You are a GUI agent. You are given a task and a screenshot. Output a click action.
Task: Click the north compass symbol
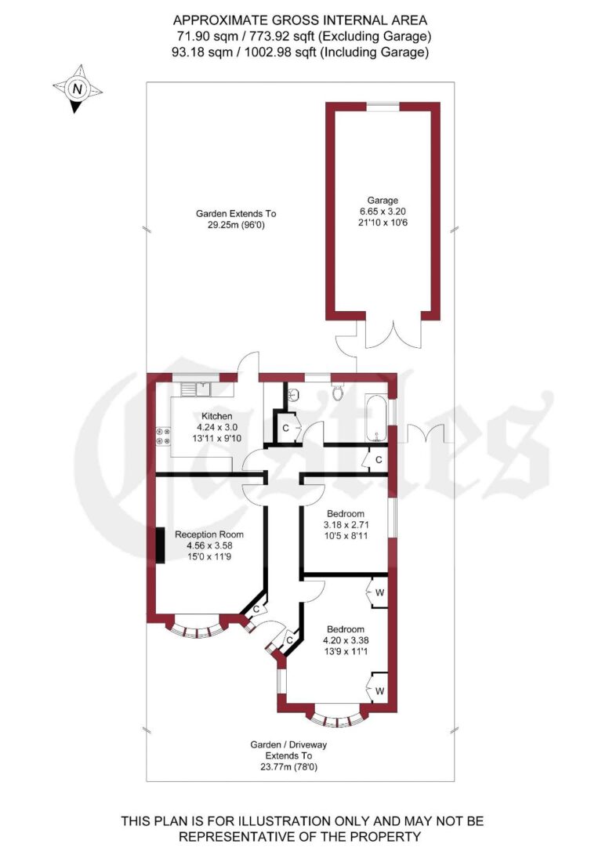[77, 89]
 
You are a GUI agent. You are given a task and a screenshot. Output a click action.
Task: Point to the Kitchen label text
[216, 415]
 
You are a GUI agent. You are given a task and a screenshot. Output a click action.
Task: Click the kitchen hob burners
[164, 435]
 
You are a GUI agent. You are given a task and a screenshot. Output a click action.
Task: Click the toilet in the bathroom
[339, 391]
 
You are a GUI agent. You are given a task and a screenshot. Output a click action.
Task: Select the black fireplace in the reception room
[160, 545]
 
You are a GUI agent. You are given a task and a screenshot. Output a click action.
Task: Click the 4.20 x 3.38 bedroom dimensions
[345, 639]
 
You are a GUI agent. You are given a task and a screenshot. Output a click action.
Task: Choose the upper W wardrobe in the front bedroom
[378, 592]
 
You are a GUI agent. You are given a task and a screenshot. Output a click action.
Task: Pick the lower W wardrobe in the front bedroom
[378, 690]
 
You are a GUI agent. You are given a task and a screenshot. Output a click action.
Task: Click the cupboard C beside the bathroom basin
[285, 428]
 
